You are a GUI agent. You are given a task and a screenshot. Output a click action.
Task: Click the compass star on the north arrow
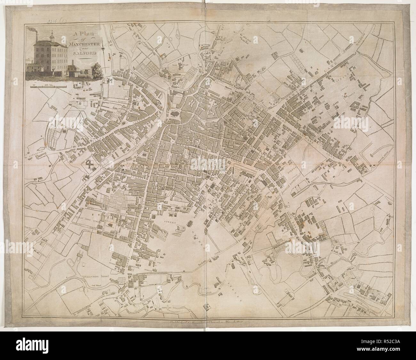click(x=103, y=49)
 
